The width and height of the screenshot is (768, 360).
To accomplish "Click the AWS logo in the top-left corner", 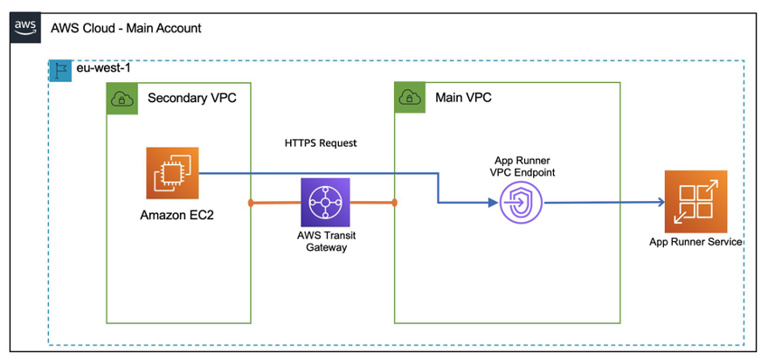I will tap(25, 28).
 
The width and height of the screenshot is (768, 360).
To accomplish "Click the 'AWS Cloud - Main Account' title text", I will tap(126, 28).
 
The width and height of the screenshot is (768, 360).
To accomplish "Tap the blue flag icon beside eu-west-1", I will tap(60, 71).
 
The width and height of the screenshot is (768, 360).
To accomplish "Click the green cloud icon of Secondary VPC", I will tap(121, 98).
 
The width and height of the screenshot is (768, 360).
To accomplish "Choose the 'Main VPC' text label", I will tap(463, 97).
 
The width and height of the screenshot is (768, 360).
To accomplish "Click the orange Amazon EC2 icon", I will tap(172, 173).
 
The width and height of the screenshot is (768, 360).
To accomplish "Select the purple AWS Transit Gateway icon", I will tap(324, 204).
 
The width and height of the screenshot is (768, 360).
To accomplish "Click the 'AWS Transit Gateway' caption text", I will tap(324, 241).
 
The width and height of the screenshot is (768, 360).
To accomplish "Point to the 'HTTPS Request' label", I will tap(321, 142).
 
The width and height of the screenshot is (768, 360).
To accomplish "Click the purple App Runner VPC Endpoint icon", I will tap(522, 204).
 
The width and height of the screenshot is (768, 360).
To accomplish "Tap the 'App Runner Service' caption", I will tap(695, 242).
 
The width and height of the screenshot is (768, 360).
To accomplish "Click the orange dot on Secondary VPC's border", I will tap(251, 204).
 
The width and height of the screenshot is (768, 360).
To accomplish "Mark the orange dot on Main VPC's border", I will tap(395, 204).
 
